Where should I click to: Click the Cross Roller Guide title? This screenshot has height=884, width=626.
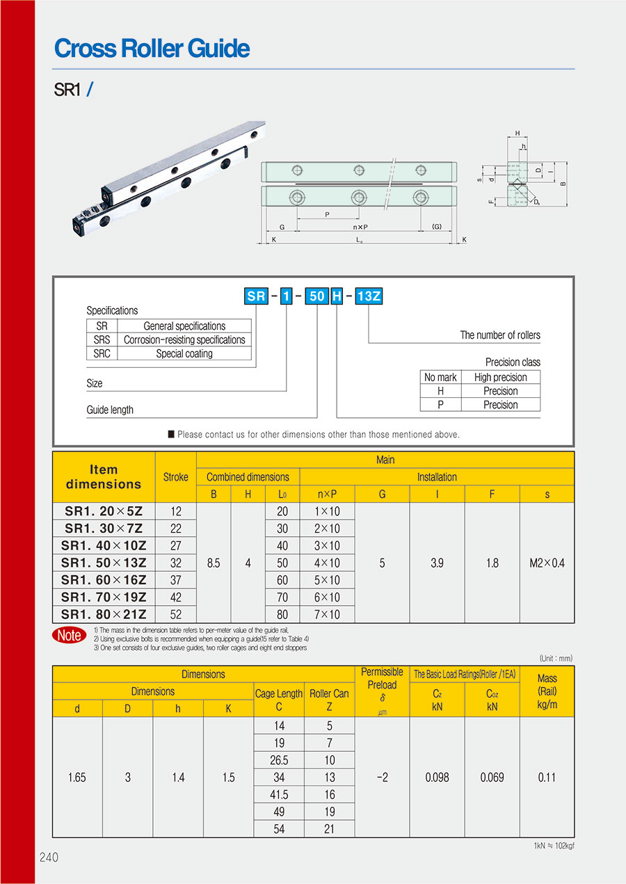click(x=152, y=48)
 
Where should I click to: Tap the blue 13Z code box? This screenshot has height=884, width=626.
click(x=369, y=296)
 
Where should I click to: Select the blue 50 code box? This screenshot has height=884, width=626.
click(x=317, y=296)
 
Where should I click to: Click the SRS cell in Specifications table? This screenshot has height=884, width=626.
click(x=102, y=339)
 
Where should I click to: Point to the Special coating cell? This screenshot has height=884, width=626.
click(x=184, y=353)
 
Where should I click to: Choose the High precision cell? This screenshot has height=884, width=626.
click(x=501, y=377)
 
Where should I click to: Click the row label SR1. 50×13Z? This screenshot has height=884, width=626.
click(x=104, y=563)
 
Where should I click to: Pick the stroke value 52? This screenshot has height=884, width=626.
click(x=176, y=614)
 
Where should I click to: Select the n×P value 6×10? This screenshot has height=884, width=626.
click(x=327, y=597)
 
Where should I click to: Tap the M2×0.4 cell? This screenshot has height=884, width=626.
click(x=547, y=563)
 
